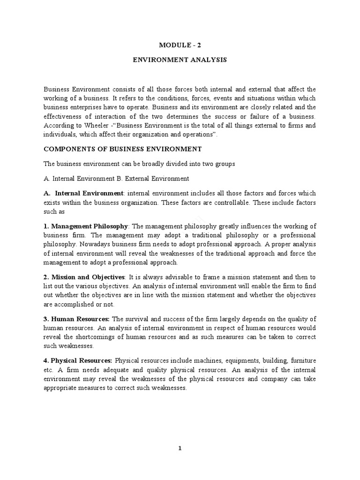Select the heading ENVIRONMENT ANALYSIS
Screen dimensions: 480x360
point(180,60)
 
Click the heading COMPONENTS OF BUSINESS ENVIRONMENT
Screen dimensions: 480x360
point(122,149)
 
